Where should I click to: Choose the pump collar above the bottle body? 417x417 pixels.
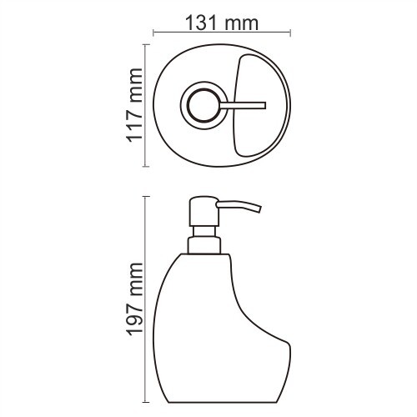coord(204,244)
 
